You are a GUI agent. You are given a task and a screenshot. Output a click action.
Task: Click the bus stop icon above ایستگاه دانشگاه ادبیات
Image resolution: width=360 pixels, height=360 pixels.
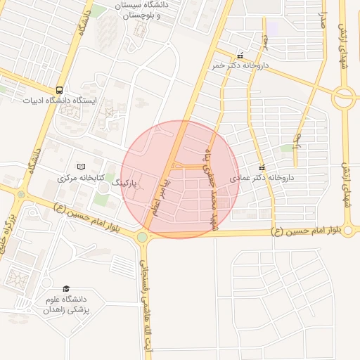(x=59, y=90)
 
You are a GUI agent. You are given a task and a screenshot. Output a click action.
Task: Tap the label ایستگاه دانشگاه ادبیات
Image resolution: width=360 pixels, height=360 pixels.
(x=53, y=100)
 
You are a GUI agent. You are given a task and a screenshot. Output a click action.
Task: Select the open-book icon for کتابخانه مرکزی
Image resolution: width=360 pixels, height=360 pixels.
(x=81, y=167)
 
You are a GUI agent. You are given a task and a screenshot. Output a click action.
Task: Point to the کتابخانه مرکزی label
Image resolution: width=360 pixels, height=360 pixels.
(x=77, y=177)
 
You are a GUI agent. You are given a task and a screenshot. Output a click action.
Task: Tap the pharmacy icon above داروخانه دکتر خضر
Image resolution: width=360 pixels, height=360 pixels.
(x=240, y=56)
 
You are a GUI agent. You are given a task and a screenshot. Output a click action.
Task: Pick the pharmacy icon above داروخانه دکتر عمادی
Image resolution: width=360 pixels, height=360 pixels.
(x=262, y=168)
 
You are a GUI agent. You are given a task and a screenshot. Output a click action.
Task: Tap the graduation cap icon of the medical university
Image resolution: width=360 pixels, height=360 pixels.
(x=66, y=289)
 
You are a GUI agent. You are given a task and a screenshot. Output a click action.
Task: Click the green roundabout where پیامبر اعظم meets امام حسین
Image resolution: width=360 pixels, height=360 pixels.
(x=143, y=237)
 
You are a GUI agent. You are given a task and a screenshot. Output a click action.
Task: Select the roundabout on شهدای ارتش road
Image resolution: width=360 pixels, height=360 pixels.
(x=344, y=98)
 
